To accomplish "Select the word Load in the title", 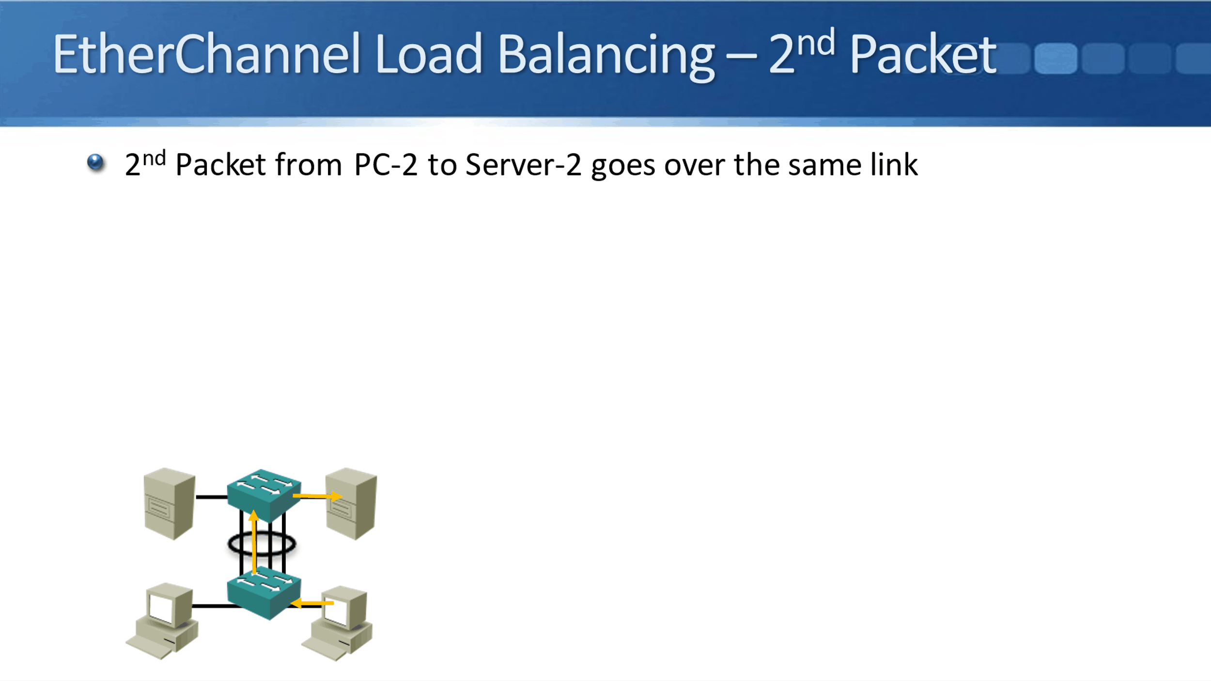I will pos(428,54).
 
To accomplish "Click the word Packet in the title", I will pos(923,54).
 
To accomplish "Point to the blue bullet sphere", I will pos(95,162).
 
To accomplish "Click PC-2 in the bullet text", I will pos(385,165).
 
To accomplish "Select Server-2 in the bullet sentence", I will pos(523,165).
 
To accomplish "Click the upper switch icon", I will pos(264,494).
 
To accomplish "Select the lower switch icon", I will pos(264,593).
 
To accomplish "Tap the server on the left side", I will pos(170,504).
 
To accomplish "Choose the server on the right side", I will pos(351,504).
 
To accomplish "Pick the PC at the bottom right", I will pos(339,622).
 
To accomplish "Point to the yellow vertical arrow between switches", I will pos(254,542).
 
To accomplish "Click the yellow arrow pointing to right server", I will pos(317,496).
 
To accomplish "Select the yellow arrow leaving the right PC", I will pos(312,603).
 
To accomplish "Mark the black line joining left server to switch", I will pos(211,497).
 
